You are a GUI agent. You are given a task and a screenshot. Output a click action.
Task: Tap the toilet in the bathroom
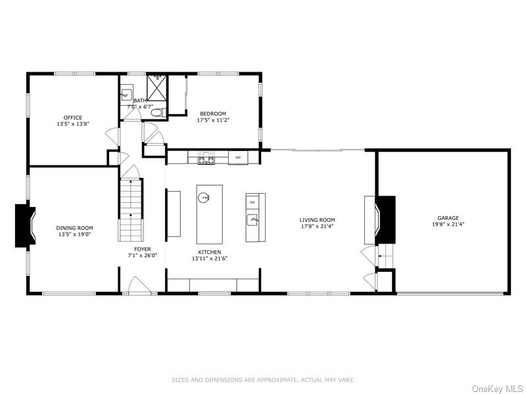click(156, 113)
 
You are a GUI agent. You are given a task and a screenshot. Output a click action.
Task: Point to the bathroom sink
click(127, 94)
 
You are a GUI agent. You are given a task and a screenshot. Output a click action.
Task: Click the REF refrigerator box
click(238, 158)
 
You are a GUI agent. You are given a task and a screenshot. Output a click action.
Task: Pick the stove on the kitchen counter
click(206, 158)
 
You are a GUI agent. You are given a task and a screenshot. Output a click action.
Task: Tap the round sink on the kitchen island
click(205, 196)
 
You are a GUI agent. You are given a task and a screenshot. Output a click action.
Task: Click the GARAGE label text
click(448, 218)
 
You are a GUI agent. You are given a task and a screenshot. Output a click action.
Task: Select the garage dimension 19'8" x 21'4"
click(448, 225)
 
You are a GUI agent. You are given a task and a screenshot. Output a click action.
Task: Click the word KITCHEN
click(210, 252)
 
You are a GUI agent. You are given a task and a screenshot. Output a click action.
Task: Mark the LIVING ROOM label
click(318, 220)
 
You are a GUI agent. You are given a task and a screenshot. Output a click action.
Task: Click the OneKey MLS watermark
click(497, 389)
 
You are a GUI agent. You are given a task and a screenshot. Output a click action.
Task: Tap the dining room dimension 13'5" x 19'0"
click(74, 234)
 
